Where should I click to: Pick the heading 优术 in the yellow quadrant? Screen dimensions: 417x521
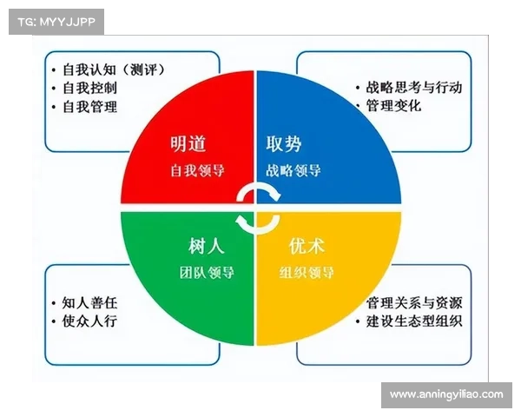(301, 244)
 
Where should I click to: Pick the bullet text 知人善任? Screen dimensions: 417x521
(89, 303)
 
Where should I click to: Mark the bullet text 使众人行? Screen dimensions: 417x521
(89, 321)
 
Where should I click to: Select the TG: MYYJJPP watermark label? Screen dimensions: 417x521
(56, 21)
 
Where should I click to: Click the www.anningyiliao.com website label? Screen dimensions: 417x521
(445, 394)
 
